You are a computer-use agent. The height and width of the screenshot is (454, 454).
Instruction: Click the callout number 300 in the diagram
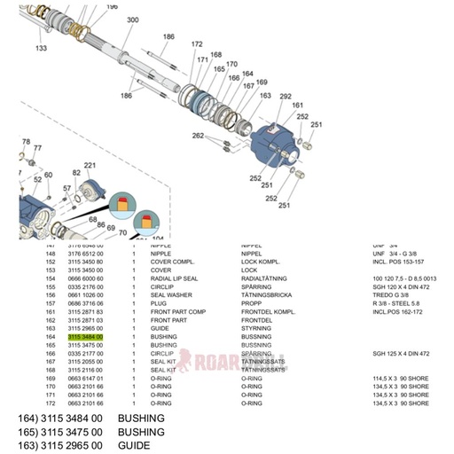(132, 20)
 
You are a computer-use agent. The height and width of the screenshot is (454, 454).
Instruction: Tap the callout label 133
(41, 49)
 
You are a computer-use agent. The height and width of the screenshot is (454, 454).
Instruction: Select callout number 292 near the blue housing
(285, 96)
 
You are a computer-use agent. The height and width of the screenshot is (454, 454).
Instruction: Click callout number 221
(89, 165)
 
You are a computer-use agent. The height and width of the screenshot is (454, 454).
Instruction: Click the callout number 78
(26, 142)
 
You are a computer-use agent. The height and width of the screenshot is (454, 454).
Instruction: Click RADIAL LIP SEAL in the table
(174, 278)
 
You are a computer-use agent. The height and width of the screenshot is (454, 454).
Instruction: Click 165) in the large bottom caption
(27, 431)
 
